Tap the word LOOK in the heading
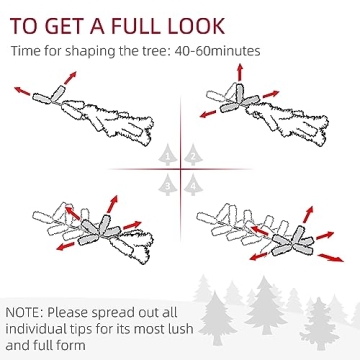tap(196, 26)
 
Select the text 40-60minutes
tap(217, 52)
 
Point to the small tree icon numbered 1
tap(168, 155)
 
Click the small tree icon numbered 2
tap(193, 155)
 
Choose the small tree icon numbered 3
tap(168, 185)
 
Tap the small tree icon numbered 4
tap(193, 185)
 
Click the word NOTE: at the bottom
tap(24, 313)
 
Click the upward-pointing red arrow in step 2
tap(240, 72)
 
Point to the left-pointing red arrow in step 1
tap(22, 91)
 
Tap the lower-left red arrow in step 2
tap(208, 114)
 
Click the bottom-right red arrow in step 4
tap(330, 258)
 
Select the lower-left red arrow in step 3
tap(65, 246)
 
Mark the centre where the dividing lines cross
tap(181, 169)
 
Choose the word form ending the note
tap(73, 344)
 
